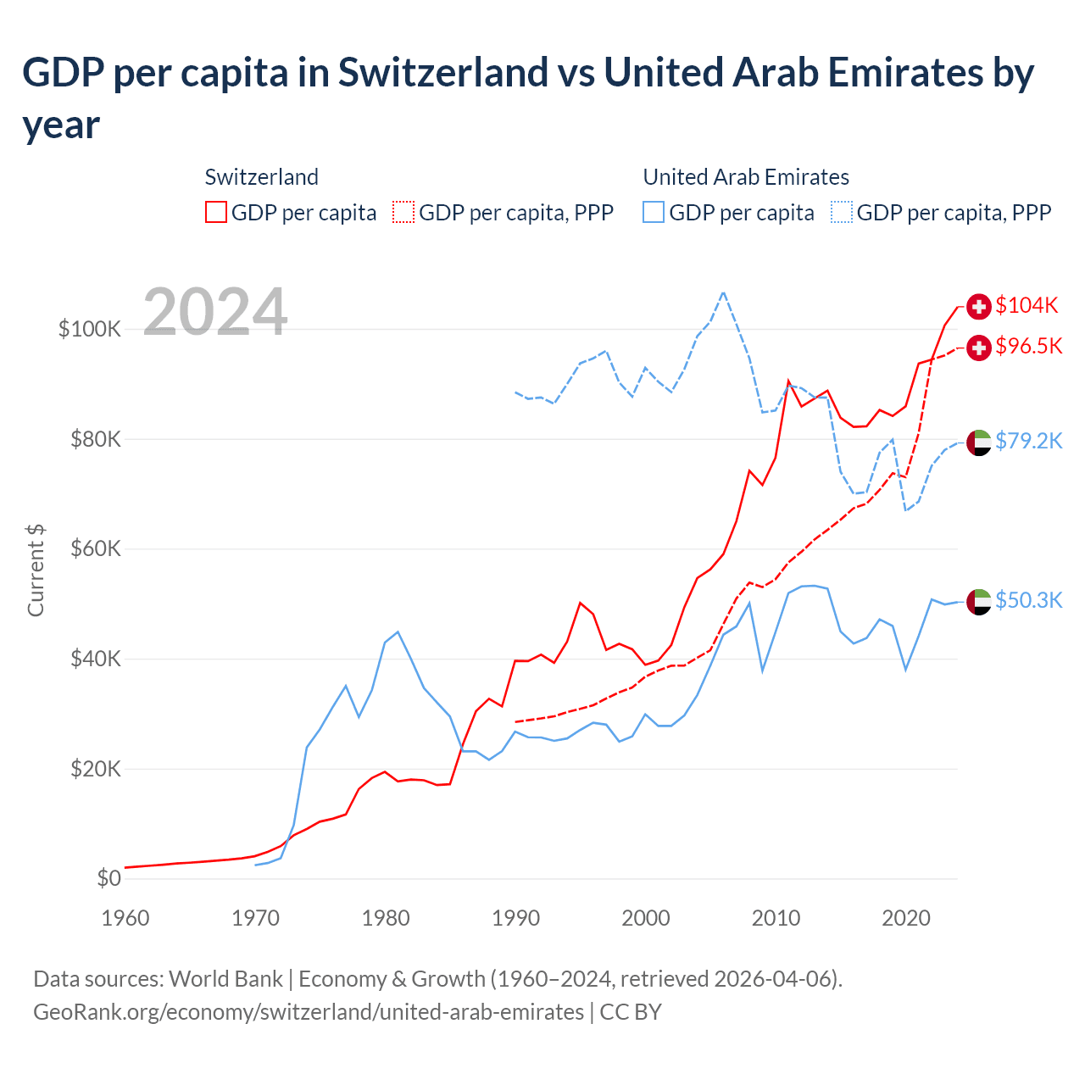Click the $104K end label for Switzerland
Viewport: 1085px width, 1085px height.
[1027, 305]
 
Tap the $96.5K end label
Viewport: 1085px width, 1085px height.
[1028, 346]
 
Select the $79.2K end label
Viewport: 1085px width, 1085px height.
[1028, 441]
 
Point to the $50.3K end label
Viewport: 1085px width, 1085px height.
[1028, 600]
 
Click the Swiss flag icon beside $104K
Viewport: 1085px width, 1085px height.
[979, 306]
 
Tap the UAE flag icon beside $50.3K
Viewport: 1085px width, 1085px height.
[979, 601]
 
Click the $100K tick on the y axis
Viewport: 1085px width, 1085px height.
[90, 329]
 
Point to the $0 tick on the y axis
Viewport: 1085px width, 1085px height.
[108, 878]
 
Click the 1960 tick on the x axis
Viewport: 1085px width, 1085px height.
[125, 918]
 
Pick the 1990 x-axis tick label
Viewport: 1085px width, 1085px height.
[515, 918]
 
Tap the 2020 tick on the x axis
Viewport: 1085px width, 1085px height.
[906, 918]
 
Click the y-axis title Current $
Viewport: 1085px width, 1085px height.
[36, 570]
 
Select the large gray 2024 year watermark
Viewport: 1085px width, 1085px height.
[215, 312]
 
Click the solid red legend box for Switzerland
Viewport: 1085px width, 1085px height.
[216, 212]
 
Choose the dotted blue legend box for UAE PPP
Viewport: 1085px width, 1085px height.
[842, 212]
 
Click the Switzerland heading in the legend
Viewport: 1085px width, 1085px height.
[262, 177]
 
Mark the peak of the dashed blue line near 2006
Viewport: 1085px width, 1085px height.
[723, 292]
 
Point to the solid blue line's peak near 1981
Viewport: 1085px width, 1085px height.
[398, 632]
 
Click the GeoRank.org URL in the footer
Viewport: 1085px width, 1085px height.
[309, 1012]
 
